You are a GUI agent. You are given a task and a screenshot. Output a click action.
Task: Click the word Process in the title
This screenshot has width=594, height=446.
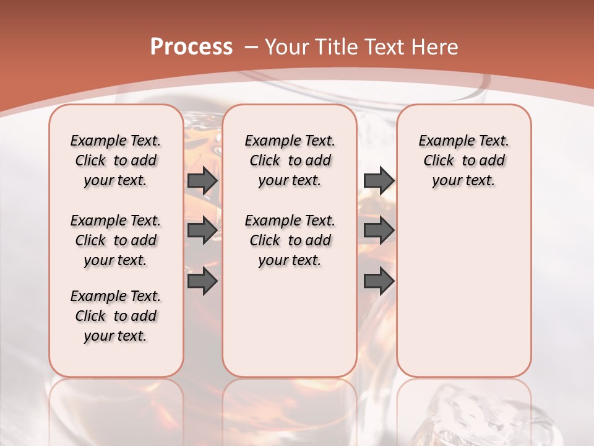point(191,46)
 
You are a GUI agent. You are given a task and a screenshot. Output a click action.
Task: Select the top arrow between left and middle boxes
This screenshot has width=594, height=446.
point(202,181)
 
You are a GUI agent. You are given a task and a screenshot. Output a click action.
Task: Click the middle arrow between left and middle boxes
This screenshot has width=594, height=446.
point(202,231)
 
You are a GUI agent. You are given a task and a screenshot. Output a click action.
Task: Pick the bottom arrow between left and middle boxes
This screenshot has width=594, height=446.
point(202,281)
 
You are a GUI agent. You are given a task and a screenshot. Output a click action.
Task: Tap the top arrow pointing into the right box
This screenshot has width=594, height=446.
point(379,181)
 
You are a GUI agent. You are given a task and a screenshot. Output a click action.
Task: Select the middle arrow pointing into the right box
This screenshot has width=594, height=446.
point(379,231)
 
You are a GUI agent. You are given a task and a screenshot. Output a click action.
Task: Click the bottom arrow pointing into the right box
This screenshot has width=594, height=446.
point(379,281)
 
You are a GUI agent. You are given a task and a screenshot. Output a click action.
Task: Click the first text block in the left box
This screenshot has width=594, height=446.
point(116,160)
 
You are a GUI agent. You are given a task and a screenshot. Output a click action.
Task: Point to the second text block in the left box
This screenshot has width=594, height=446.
point(116,240)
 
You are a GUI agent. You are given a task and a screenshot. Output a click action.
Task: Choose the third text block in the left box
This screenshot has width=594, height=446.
point(116,316)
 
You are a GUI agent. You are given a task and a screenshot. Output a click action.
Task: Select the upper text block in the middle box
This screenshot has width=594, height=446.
point(290,160)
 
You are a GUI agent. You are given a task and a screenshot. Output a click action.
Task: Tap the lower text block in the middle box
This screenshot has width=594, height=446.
point(290,240)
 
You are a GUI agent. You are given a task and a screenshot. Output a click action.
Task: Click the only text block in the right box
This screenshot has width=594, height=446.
point(463,160)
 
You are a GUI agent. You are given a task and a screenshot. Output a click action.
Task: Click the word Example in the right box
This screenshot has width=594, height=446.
point(441,141)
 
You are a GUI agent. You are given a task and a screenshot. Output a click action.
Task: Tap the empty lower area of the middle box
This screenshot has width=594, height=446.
point(290,322)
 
